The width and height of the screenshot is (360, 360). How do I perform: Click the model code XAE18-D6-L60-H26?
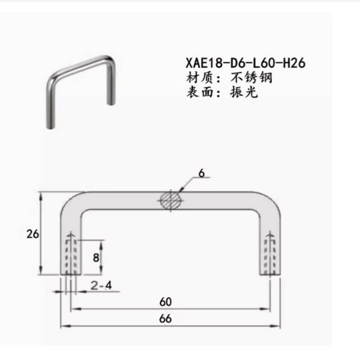pos(245,63)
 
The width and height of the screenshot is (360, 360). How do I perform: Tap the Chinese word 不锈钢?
pos(252,78)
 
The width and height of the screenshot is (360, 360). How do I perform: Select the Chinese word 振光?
pos(244,92)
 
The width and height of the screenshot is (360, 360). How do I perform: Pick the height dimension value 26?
pos(32,234)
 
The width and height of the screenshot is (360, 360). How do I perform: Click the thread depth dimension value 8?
pos(96,257)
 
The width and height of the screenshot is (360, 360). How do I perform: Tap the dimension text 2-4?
pos(101,285)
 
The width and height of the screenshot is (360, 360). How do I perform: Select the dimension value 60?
pos(166,302)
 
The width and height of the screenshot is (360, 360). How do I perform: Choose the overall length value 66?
pos(165,319)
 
